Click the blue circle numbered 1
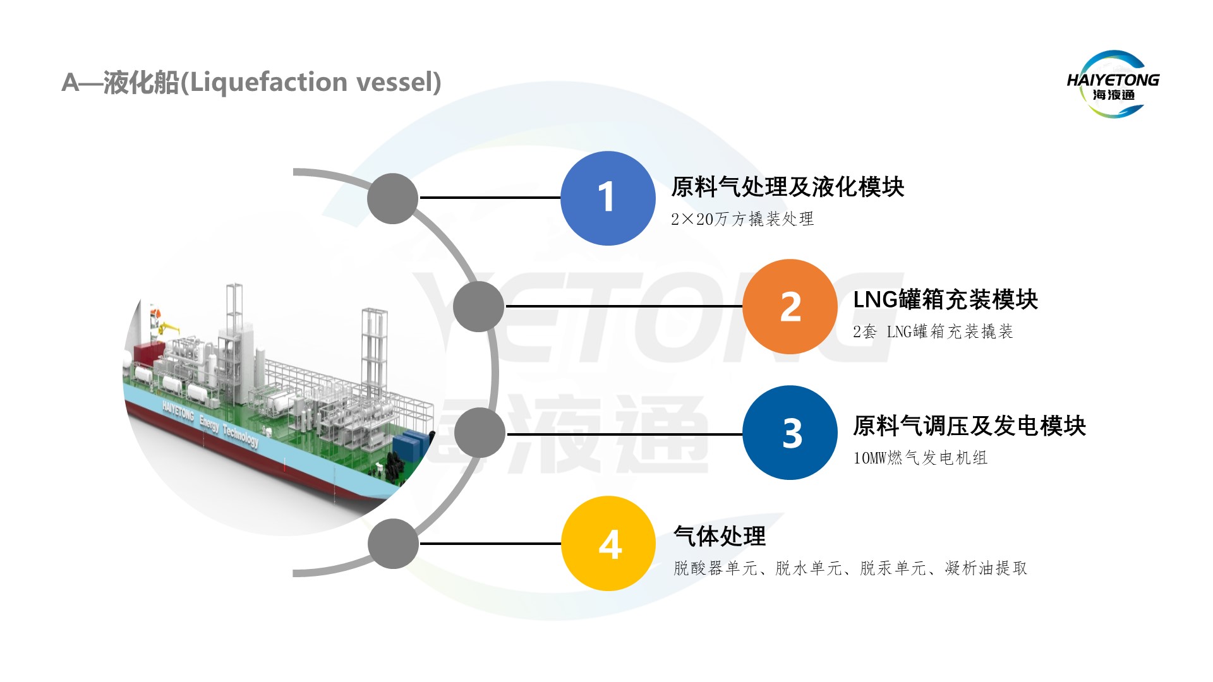coord(608,198)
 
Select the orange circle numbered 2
coord(790,307)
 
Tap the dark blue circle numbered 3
coord(790,433)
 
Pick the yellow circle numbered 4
coord(608,544)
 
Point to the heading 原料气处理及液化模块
coord(787,187)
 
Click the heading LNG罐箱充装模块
coord(945,299)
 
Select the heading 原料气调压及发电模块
coord(969,426)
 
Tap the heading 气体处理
coord(720,536)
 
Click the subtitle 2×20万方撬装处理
coord(742,219)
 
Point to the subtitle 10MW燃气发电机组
coord(920,458)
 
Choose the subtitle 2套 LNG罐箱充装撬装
coord(932,332)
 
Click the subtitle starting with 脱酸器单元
coord(850,568)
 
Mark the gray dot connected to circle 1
coord(393,198)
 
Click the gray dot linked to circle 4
coord(393,544)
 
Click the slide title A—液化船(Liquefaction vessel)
coord(251,82)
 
